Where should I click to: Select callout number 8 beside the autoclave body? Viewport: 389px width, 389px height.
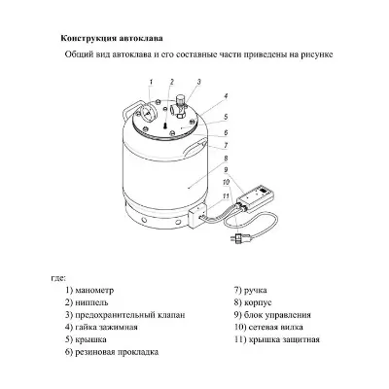[226, 159]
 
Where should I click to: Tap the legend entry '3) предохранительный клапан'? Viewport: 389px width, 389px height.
[124, 316]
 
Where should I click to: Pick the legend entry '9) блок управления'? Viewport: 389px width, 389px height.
[272, 316]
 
